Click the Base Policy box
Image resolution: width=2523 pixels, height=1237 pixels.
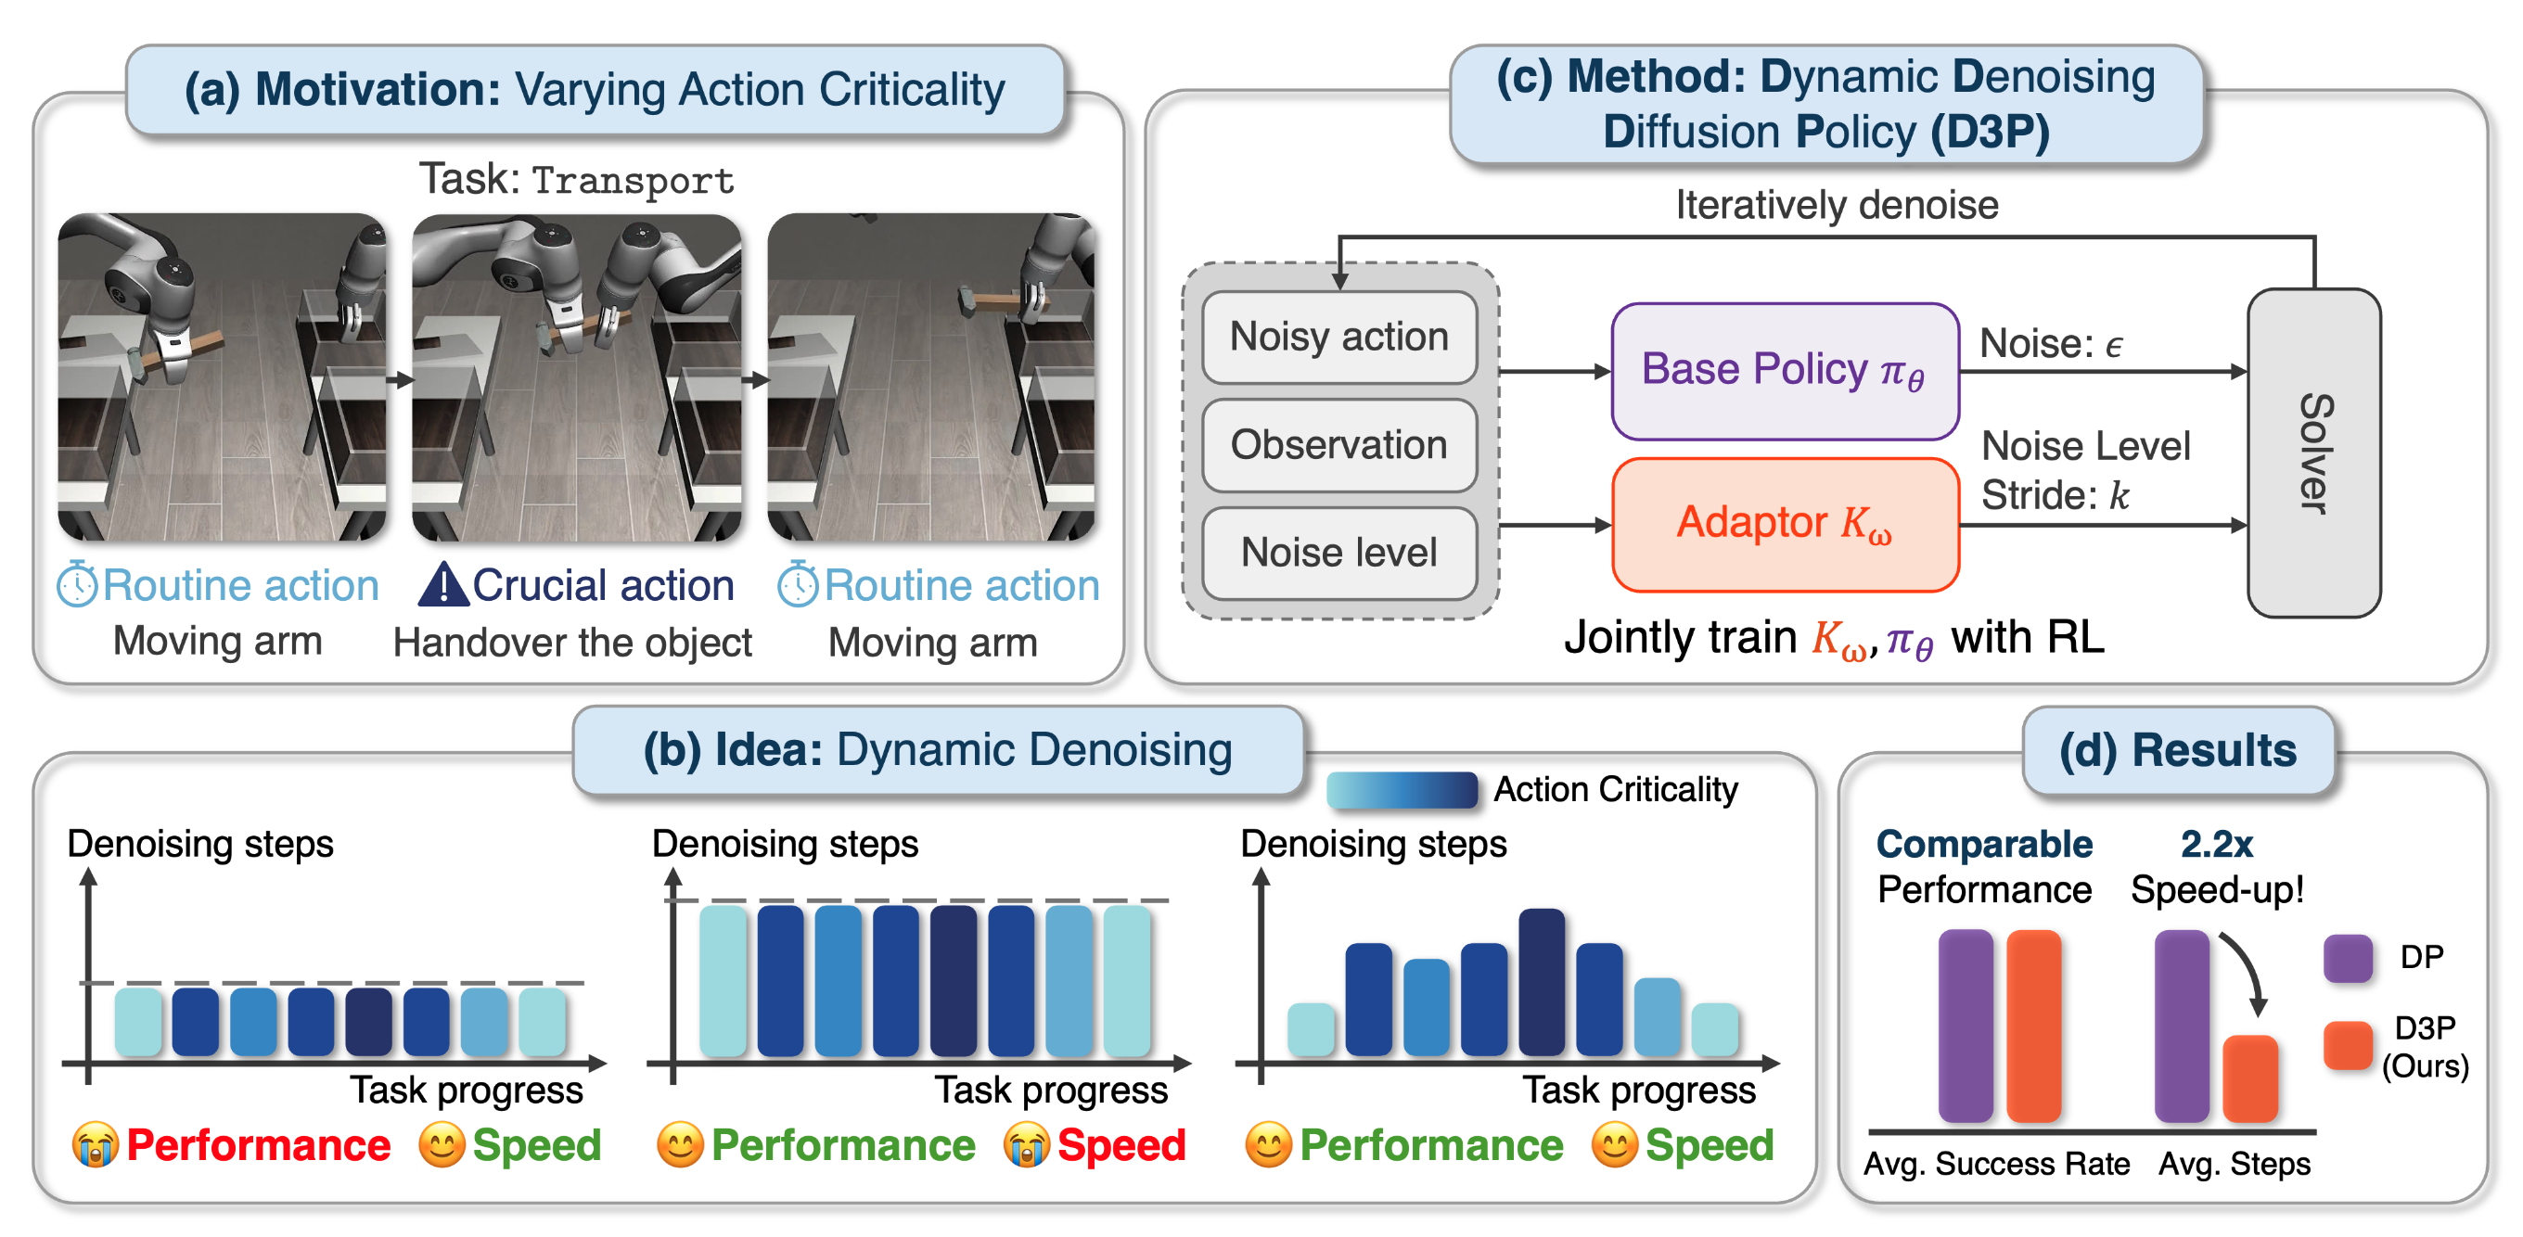coord(1784,371)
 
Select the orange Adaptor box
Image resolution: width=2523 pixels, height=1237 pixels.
coord(1784,524)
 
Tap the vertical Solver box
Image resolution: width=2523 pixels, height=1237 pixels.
coord(2312,453)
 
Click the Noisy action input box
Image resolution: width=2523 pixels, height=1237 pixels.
coord(1338,337)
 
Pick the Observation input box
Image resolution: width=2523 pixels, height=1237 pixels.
coord(1338,445)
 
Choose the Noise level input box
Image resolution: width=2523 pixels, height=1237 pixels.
coord(1338,553)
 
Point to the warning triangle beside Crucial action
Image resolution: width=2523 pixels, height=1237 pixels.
coord(442,584)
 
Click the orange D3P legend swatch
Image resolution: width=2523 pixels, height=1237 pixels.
coord(2347,1044)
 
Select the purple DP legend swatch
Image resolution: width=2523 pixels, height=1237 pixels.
coord(2347,957)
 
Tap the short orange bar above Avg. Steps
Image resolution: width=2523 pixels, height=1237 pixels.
coord(2248,1078)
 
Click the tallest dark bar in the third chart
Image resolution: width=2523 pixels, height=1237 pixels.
coord(1541,981)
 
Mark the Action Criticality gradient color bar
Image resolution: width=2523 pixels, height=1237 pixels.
coord(1401,789)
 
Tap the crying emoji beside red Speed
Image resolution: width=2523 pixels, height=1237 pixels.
coord(1026,1145)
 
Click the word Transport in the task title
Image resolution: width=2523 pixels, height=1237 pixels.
coord(633,180)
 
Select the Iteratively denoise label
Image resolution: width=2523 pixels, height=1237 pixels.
coord(1836,205)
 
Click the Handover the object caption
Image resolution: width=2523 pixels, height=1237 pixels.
coord(572,643)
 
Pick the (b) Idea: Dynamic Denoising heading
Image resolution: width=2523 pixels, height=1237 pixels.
coord(936,750)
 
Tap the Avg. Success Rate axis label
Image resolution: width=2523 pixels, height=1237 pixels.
coord(1995,1164)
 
